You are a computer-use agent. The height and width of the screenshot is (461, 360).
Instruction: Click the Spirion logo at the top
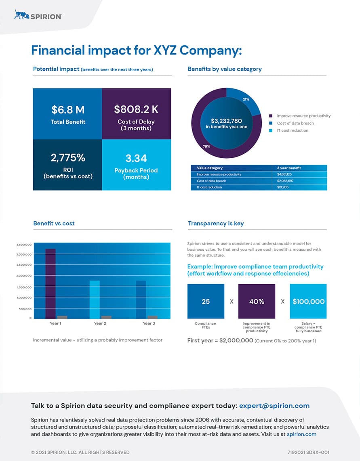tap(38, 15)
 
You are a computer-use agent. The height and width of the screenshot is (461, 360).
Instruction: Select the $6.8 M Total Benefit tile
tap(67, 114)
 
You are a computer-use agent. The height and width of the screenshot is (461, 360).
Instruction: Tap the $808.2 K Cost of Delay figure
tap(136, 109)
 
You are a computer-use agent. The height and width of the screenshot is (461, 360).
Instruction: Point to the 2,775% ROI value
tap(68, 157)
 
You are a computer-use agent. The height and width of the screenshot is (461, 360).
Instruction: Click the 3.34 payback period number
tap(136, 158)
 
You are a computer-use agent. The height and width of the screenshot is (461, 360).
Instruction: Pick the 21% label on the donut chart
tap(246, 99)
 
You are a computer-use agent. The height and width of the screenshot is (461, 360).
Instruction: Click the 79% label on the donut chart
tap(206, 147)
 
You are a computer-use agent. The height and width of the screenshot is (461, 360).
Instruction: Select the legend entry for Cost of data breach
tap(291, 123)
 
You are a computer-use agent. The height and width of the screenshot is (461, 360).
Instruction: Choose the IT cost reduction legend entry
tap(289, 130)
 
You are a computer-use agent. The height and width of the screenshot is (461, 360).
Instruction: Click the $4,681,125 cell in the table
tap(284, 174)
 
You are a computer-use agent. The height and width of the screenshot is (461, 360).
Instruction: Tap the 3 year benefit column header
tap(289, 168)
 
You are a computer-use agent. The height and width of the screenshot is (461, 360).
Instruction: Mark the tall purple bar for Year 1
tap(51, 284)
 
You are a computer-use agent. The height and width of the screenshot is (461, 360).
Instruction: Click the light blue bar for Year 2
tap(95, 300)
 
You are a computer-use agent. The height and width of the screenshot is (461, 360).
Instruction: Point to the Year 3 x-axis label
tap(149, 323)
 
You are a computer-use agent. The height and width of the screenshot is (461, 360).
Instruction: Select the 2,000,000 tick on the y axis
tap(24, 276)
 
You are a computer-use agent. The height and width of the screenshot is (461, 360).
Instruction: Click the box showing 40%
tap(257, 301)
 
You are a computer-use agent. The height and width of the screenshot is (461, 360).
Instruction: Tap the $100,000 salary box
tap(308, 301)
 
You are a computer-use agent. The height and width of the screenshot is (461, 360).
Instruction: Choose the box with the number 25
tap(206, 301)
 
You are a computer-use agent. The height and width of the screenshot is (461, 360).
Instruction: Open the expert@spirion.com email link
tap(274, 406)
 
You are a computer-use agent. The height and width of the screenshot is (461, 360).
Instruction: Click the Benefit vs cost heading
tap(54, 224)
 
